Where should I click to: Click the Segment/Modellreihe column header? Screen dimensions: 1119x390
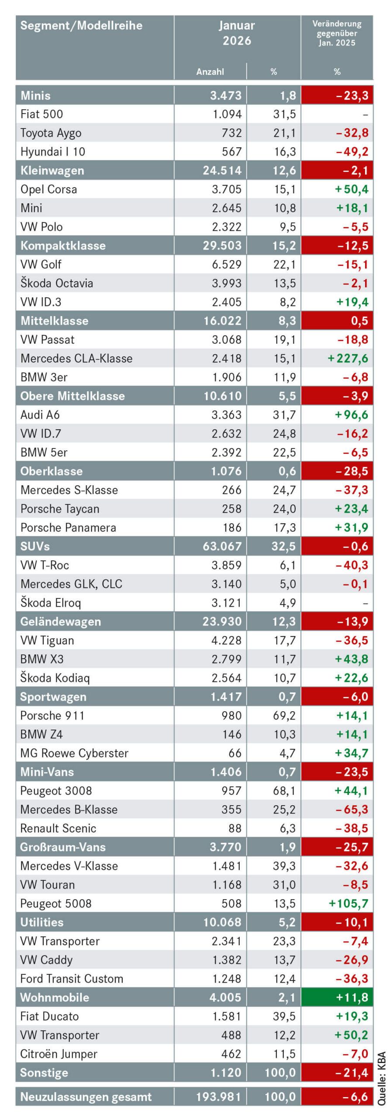(x=81, y=26)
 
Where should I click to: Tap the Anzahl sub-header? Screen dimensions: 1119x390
(x=210, y=72)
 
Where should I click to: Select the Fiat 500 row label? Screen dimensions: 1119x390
(x=41, y=115)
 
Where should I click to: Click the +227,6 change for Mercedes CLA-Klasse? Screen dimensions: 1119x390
(x=348, y=358)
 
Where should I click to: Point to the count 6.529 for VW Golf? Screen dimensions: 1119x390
(x=226, y=264)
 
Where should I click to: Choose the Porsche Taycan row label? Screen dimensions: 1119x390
(x=60, y=509)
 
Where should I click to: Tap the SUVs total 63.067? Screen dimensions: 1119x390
(x=222, y=546)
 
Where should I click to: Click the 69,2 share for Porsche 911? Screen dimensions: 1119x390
(x=284, y=716)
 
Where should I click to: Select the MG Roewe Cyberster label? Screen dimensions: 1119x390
(x=74, y=753)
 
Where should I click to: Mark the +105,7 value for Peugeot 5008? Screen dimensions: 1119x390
(x=349, y=904)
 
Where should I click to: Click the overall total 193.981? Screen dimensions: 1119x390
(x=218, y=1097)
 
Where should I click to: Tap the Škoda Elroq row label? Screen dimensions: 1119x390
(x=51, y=603)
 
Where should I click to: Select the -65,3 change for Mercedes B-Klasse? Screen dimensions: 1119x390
(x=352, y=810)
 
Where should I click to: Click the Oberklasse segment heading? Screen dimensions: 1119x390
(x=52, y=471)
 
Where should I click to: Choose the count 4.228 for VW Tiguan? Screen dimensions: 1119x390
(x=226, y=640)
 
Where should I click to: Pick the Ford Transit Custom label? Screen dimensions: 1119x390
(x=72, y=979)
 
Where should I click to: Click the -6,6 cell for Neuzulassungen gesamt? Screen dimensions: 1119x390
(x=355, y=1097)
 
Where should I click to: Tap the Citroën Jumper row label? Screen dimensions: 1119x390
(x=59, y=1054)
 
